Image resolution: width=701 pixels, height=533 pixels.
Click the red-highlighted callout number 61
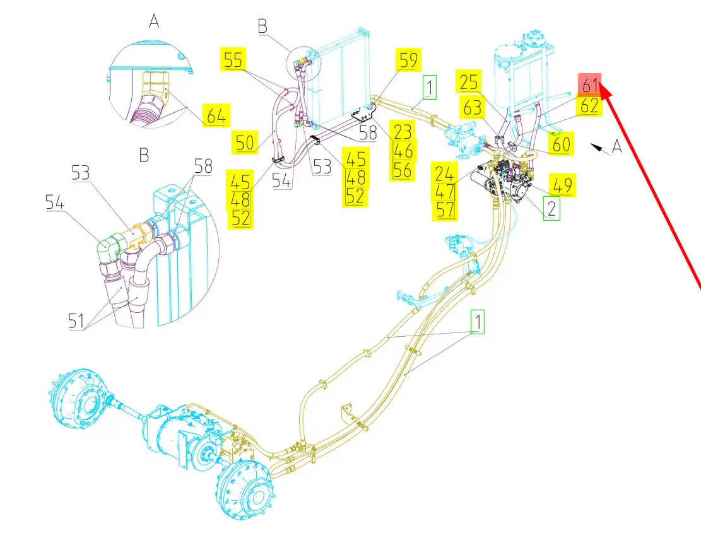coord(590,83)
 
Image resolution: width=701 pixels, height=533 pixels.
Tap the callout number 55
coord(233,61)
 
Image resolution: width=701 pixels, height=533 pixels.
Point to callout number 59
coord(408,61)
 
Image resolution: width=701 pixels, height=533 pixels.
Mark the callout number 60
coord(560,144)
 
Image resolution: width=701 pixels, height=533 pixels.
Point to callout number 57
coord(445,209)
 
